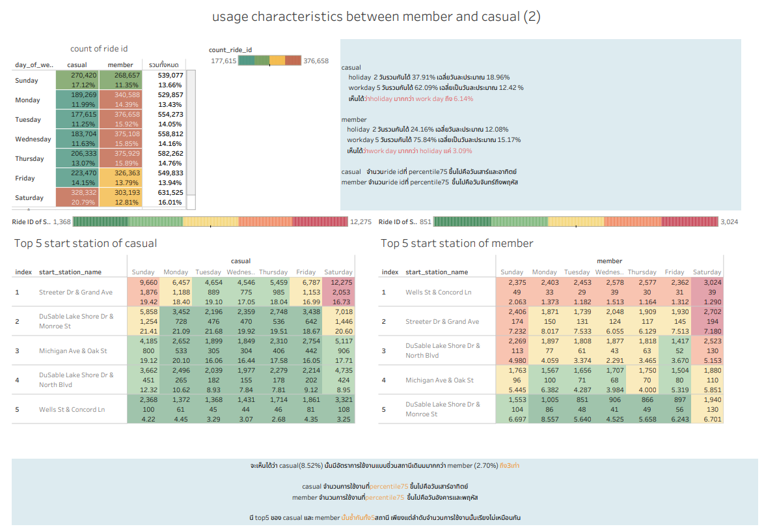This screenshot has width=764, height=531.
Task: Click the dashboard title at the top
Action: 376,17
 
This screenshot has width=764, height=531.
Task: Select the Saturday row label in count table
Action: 29,197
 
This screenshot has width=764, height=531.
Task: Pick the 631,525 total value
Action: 167,193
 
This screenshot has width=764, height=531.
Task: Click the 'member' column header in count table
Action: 120,65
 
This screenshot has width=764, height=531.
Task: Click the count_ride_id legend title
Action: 230,50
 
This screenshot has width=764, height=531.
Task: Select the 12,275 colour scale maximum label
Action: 361,222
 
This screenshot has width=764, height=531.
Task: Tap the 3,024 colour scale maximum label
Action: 729,222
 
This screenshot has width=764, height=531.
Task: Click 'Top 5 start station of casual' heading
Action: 85,243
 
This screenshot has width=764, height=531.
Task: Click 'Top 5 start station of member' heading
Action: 457,243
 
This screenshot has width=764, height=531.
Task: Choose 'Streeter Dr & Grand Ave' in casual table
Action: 75,292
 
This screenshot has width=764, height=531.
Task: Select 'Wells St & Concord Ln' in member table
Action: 438,292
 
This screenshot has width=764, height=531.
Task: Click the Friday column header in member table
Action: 674,272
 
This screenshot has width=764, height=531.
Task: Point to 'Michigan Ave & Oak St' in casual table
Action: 73,351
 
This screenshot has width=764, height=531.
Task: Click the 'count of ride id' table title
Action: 100,49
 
